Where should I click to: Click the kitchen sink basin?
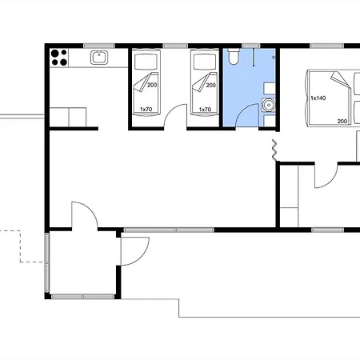coord(99,58)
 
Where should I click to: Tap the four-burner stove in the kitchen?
coord(59,58)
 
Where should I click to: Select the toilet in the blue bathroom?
coord(234,56)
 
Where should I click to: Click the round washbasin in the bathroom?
coord(269,106)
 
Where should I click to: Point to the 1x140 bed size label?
coord(318,98)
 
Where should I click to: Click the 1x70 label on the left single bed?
coord(146,110)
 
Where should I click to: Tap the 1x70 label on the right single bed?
coord(205,110)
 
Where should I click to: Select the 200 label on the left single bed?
coord(152,85)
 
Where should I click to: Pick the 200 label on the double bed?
coord(342,122)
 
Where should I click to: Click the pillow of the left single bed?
coord(146,62)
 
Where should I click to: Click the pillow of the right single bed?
coord(205,62)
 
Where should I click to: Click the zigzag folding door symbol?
coord(274,150)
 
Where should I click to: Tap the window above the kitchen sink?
coord(99,46)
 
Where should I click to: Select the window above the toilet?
coord(250,46)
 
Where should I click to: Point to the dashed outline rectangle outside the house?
coord(20,246)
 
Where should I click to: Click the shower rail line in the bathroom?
coord(254,58)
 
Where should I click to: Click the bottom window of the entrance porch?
coord(82,297)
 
